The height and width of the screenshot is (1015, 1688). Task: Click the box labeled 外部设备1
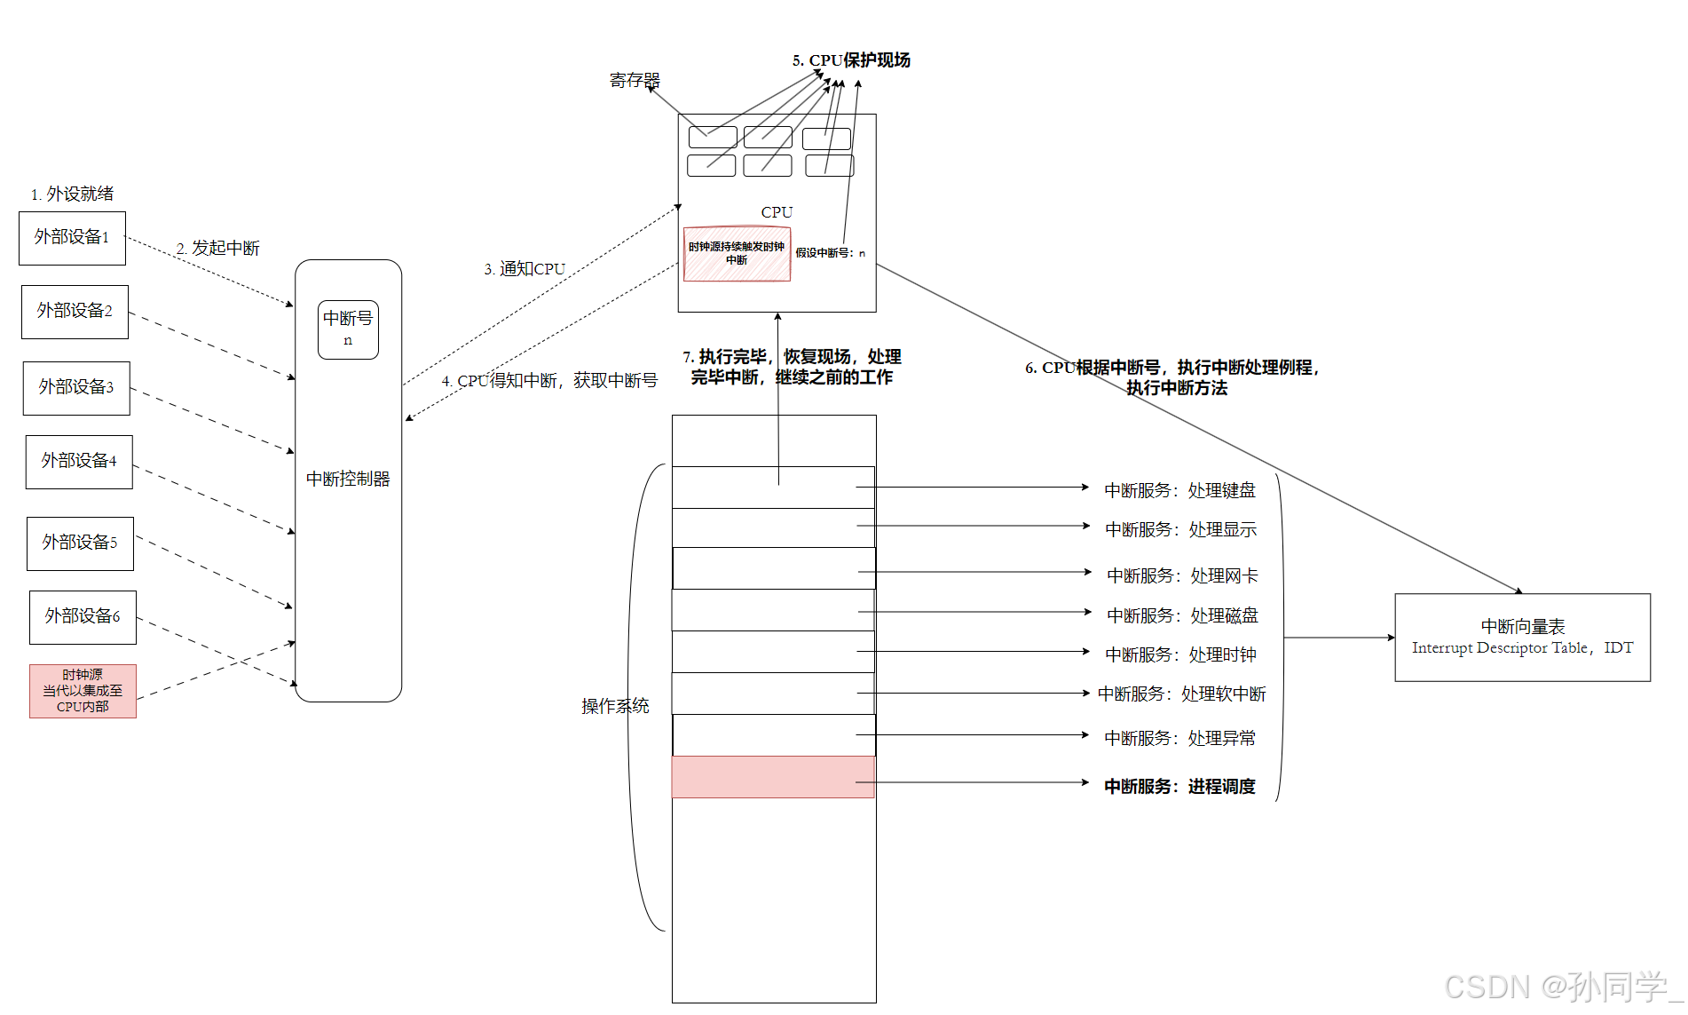(x=72, y=238)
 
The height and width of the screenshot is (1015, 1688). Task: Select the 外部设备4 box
(x=79, y=462)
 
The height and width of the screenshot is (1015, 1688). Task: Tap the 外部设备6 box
(x=83, y=617)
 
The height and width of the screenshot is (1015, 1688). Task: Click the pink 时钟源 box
(x=83, y=691)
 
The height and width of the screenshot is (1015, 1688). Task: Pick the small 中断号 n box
(x=348, y=329)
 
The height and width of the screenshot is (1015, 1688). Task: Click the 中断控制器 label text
(x=348, y=480)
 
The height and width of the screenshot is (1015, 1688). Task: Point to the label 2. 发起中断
(x=218, y=249)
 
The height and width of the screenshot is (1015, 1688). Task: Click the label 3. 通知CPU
(x=525, y=269)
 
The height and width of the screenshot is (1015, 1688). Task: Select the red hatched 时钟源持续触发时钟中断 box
(x=737, y=254)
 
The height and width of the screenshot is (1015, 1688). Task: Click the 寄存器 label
(x=635, y=81)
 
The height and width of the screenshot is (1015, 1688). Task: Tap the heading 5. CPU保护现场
(x=851, y=60)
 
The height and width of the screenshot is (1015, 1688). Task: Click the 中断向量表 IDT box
(x=1522, y=638)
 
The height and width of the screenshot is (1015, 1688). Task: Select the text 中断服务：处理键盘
(x=1179, y=490)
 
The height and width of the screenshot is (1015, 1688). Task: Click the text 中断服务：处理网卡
(x=1182, y=576)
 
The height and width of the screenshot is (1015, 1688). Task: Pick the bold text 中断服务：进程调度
(x=1179, y=787)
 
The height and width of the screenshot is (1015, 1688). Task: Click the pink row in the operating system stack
(x=772, y=777)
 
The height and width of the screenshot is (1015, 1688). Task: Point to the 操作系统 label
(x=615, y=706)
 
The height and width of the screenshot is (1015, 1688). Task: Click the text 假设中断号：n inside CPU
(x=830, y=253)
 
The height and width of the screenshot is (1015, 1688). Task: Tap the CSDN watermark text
(x=1562, y=987)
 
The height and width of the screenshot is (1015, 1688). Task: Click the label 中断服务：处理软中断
(x=1181, y=694)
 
